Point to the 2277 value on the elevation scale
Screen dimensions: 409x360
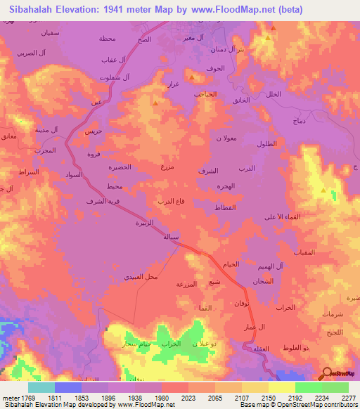[349, 398]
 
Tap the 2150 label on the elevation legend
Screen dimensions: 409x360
[268, 398]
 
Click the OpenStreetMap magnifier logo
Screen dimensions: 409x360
[327, 375]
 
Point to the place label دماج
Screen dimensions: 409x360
[299, 122]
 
